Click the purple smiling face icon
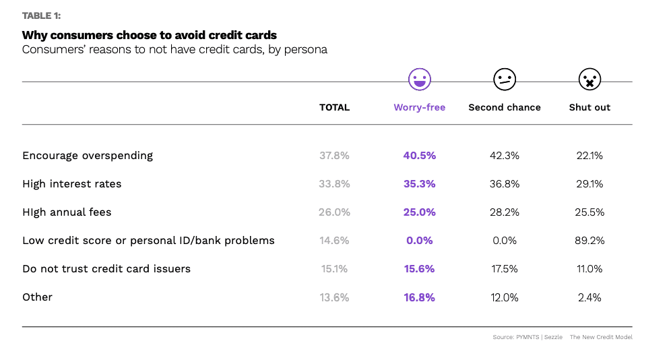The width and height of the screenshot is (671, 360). tap(420, 80)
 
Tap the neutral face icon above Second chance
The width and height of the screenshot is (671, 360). tap(505, 80)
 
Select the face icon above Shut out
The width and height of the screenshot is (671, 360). tap(589, 80)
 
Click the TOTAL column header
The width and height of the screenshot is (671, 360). tap(334, 107)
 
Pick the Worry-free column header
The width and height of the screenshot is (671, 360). tap(419, 107)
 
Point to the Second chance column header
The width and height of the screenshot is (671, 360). tap(505, 107)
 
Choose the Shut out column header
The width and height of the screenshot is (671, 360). tap(589, 107)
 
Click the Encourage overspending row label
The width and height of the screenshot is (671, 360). tap(88, 156)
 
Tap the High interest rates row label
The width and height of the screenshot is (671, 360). tap(72, 184)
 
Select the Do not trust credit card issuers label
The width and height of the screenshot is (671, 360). tap(106, 269)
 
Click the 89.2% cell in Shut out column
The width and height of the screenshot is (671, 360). tap(589, 241)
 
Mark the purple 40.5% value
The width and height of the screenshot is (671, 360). tap(419, 156)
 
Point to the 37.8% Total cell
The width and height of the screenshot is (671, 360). tap(334, 156)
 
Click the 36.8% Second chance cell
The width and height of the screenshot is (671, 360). tap(505, 184)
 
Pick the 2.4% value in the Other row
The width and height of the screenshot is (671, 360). tap(589, 297)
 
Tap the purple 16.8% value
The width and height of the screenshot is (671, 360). tap(419, 297)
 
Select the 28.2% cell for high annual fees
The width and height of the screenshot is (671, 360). tap(505, 212)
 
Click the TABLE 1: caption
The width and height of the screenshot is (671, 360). tap(41, 16)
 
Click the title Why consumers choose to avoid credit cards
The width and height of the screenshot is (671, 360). tap(150, 35)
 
